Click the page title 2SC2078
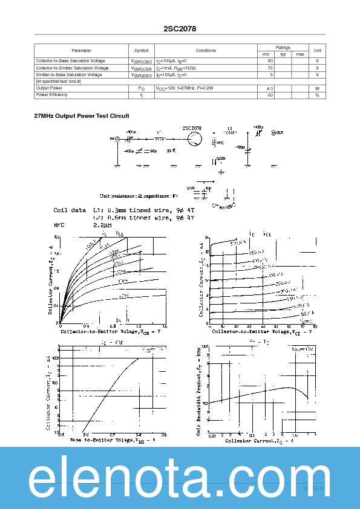tap(180, 28)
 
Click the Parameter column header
tap(81, 51)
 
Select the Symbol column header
tap(141, 51)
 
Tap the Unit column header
tap(317, 51)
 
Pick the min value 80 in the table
tap(270, 61)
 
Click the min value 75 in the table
tap(270, 68)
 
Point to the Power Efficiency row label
tap(52, 95)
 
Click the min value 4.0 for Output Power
tap(270, 88)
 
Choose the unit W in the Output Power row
tap(317, 88)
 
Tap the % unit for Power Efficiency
tap(317, 95)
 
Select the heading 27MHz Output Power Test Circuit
tap(82, 116)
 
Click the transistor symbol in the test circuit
tap(194, 138)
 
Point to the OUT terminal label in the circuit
tap(279, 132)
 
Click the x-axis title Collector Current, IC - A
tap(260, 441)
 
